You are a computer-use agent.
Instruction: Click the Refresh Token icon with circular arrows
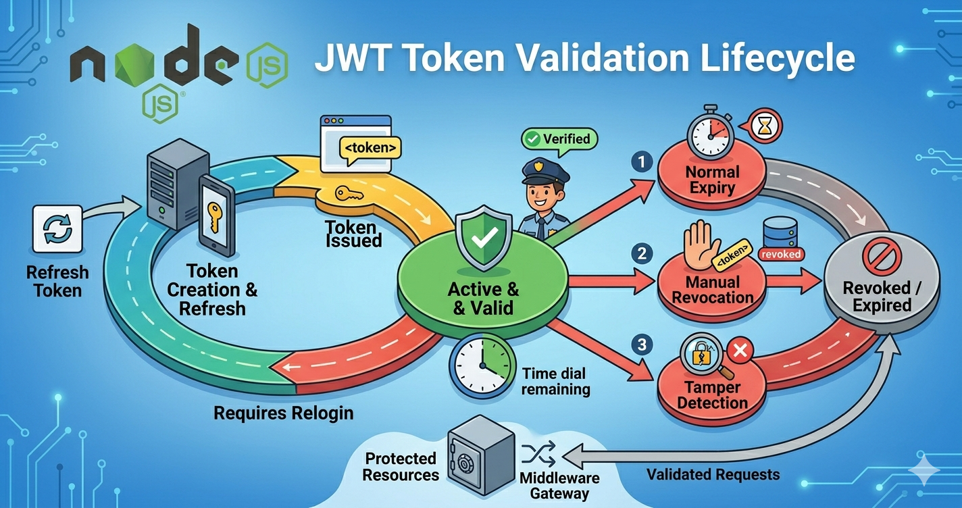click(x=57, y=229)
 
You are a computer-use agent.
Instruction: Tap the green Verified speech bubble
click(x=559, y=140)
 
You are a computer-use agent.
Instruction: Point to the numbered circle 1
click(x=642, y=162)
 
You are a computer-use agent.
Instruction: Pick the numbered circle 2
click(x=642, y=254)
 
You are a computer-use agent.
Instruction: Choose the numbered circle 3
click(x=642, y=345)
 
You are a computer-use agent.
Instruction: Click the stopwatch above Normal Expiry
click(x=711, y=132)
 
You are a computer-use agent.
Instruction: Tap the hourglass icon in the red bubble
click(x=765, y=126)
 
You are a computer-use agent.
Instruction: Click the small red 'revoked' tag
click(x=781, y=254)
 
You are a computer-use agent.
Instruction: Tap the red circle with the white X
click(x=740, y=351)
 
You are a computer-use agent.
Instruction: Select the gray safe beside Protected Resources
click(x=481, y=455)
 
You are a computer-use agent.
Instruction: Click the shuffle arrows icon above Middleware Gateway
click(x=539, y=454)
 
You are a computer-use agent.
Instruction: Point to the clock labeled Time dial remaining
click(x=482, y=366)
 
